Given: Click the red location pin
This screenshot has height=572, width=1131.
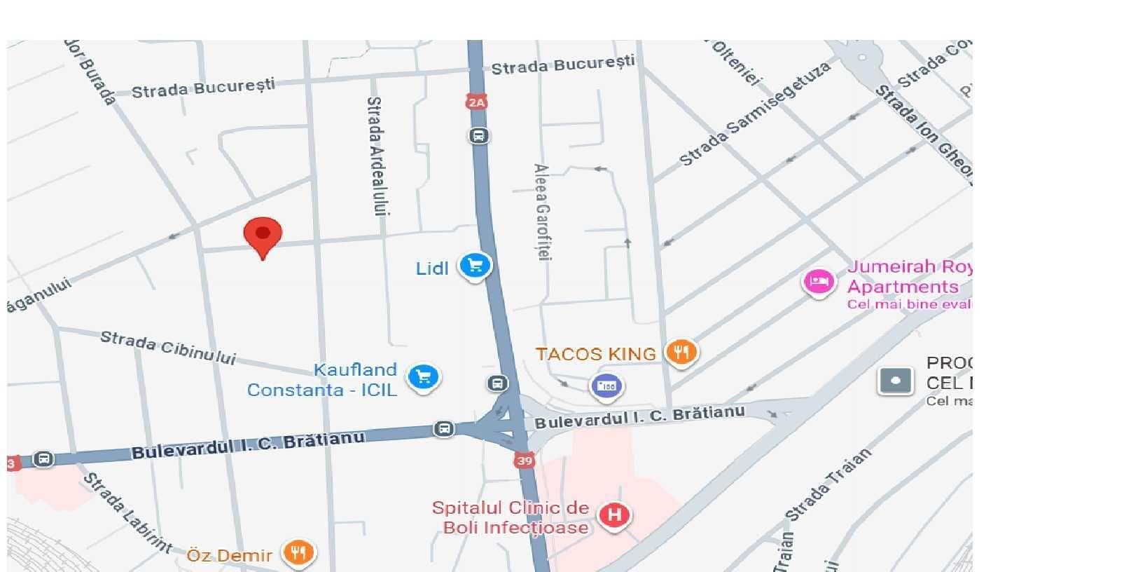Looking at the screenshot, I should click(263, 236).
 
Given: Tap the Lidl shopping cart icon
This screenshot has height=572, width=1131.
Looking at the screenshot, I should click(475, 266).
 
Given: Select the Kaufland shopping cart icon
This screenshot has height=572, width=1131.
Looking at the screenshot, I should click(423, 376).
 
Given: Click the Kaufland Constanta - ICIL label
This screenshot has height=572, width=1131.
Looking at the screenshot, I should click(322, 380).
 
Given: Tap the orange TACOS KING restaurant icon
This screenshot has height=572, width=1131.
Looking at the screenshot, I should click(681, 351).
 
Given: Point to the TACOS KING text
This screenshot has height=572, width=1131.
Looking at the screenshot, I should click(595, 354).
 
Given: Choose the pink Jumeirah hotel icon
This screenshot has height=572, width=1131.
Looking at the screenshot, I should click(817, 282).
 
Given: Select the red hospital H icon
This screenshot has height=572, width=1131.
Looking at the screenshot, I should click(614, 515).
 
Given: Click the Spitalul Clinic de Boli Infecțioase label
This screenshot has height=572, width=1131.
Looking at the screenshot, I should click(511, 517).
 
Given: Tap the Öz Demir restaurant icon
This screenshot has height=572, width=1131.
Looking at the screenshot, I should click(298, 552).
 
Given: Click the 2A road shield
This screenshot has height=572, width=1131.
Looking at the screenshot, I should click(476, 102).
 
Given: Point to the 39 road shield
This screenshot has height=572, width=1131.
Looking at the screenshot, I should click(525, 460).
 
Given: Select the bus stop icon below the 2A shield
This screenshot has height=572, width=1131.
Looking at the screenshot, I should click(478, 135).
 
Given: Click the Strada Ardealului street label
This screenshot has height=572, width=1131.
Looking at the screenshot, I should click(376, 156).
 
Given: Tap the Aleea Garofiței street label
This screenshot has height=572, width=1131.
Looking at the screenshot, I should click(542, 212).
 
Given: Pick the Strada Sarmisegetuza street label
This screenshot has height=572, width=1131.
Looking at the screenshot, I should click(755, 114).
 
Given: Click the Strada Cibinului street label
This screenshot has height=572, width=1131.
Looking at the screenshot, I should click(167, 347).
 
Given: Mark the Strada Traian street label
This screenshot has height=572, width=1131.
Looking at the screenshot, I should click(828, 484).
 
